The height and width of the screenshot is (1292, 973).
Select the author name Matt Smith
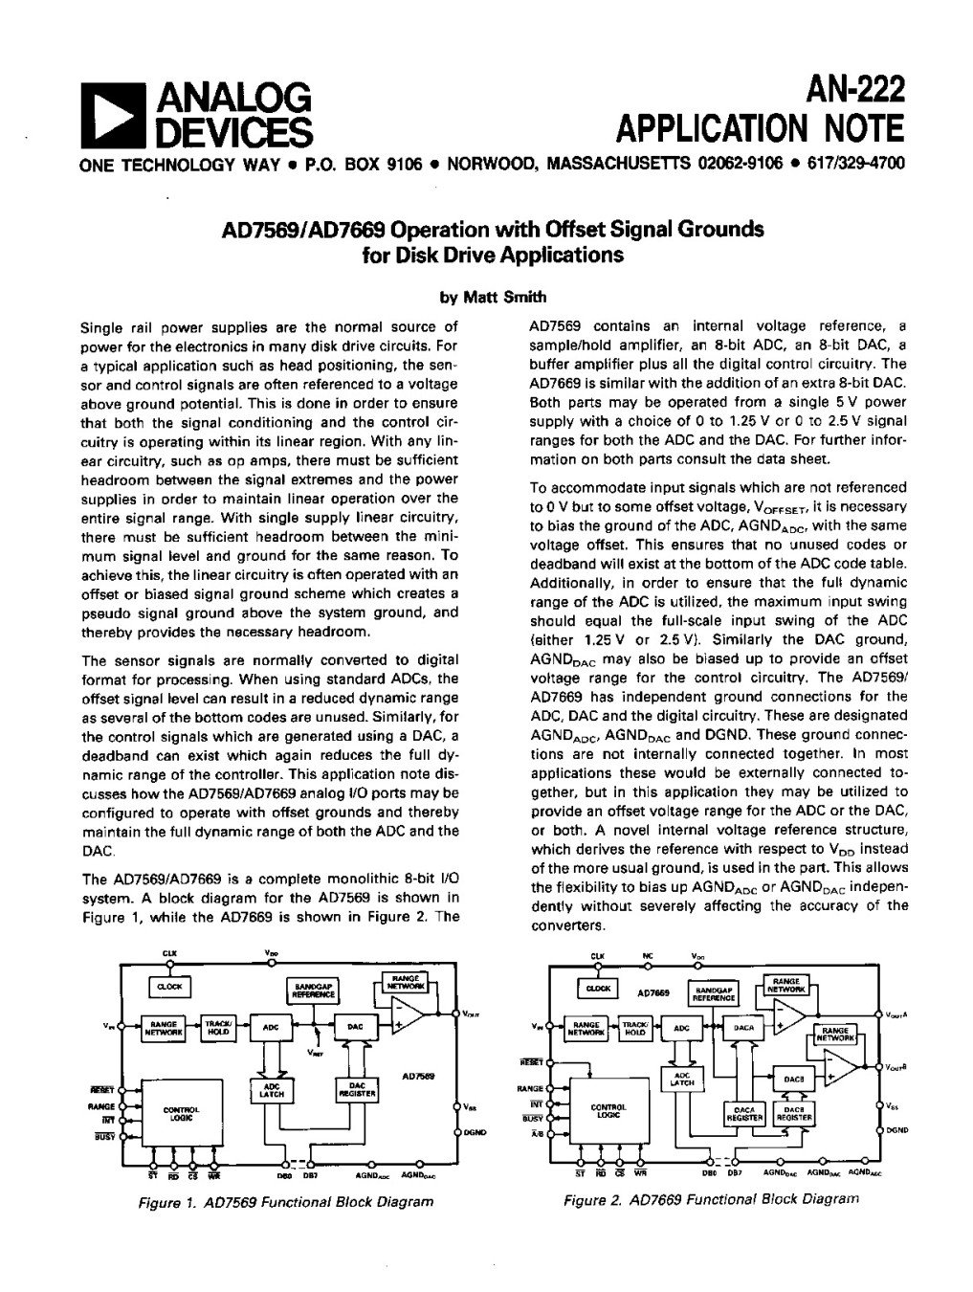(493, 297)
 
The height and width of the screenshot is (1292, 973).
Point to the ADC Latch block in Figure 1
(273, 1088)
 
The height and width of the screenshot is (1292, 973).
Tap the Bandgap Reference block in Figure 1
(314, 991)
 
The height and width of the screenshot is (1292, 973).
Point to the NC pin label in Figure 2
(646, 956)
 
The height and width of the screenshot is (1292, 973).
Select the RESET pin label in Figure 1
(101, 1088)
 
